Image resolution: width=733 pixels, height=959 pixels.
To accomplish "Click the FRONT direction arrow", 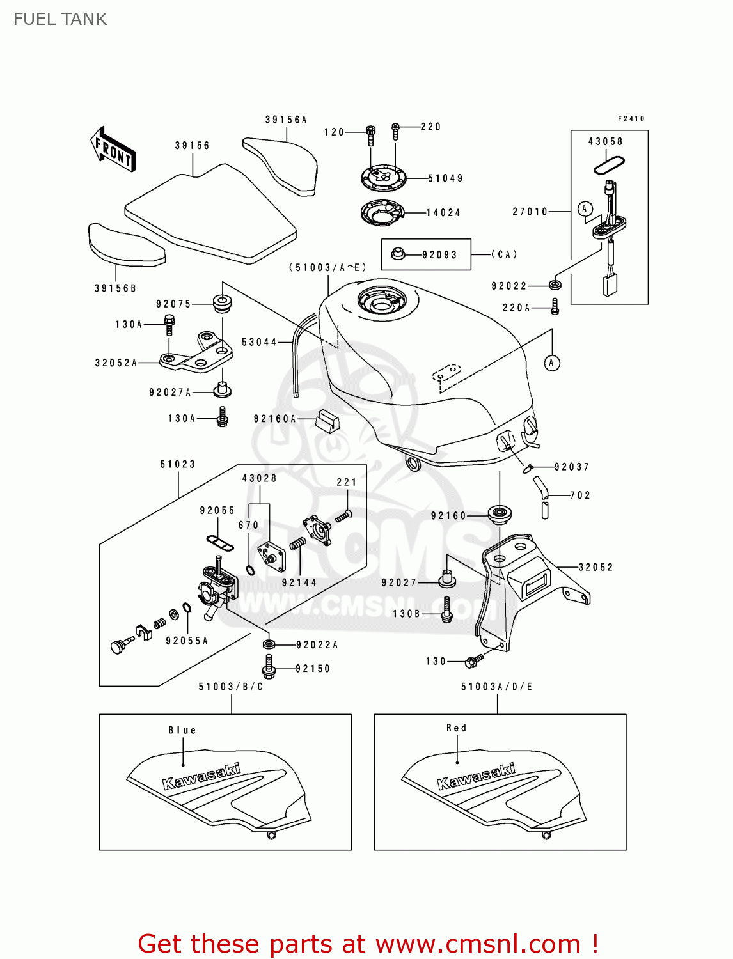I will [x=113, y=150].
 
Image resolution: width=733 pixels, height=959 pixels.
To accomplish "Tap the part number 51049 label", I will [x=445, y=178].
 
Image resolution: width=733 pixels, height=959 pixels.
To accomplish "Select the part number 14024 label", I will [x=443, y=213].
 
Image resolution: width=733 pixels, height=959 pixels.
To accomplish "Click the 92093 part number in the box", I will [x=439, y=255].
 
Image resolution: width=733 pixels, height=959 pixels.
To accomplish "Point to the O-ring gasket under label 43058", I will [x=609, y=165].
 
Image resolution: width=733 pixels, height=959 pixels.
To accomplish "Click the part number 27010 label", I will [x=530, y=212].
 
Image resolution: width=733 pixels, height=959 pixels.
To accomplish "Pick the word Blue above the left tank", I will [x=182, y=730].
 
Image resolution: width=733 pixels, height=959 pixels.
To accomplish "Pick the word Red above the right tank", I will [x=457, y=728].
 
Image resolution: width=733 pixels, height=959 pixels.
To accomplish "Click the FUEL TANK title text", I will [x=60, y=19].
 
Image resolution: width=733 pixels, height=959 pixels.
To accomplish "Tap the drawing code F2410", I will [x=631, y=119].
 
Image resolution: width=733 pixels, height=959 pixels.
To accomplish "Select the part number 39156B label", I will [x=116, y=288].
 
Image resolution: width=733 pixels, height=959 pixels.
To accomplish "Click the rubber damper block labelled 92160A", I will [x=327, y=421].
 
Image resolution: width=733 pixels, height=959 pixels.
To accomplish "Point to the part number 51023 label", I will [x=178, y=464].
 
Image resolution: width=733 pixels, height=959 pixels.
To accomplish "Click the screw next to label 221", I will [x=343, y=515].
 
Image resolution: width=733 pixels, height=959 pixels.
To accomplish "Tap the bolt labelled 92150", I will [x=269, y=667].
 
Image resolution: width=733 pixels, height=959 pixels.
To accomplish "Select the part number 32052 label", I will [x=595, y=567].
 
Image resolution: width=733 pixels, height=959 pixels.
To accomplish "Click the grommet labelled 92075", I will [x=221, y=304].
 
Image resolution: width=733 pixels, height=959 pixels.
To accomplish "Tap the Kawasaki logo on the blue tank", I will [x=201, y=776].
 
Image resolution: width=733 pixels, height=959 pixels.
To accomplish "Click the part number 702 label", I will [x=580, y=495].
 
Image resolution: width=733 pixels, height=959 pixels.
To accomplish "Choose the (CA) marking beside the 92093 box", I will [x=504, y=254].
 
